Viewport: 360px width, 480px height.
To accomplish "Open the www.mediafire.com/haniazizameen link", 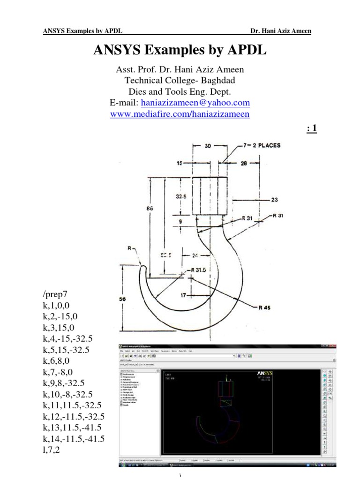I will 180,114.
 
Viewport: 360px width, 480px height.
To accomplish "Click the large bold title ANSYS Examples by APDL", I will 180,51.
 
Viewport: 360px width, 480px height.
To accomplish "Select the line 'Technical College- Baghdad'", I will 180,80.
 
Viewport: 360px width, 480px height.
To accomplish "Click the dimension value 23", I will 275,199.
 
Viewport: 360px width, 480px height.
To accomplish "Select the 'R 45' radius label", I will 265,308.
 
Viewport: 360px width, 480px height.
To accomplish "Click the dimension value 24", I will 195,256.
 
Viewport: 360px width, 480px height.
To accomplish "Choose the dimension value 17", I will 184,295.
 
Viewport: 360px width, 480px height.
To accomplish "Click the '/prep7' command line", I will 55,294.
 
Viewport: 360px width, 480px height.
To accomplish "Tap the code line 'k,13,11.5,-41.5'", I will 74,427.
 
